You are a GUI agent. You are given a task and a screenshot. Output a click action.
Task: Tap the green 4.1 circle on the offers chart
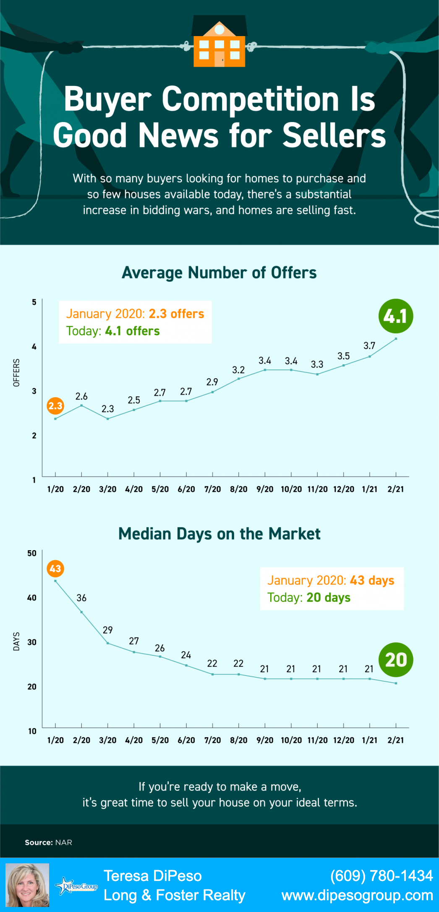(395, 316)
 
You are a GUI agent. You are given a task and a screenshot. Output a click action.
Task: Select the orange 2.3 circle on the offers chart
(55, 406)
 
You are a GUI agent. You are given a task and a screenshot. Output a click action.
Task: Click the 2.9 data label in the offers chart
(212, 382)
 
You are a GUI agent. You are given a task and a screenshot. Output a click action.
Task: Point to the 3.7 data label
(369, 346)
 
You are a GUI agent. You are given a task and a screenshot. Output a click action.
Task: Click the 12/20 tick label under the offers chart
(343, 489)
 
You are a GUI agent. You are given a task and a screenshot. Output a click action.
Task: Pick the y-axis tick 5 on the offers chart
(34, 302)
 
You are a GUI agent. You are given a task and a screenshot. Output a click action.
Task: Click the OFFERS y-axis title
(16, 372)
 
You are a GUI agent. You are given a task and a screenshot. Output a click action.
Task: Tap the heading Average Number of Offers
(219, 273)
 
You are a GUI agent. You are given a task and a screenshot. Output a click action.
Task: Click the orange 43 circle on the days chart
(55, 569)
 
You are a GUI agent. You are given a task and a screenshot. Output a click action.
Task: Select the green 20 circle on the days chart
(396, 660)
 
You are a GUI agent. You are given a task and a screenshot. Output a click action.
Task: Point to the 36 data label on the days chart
(81, 598)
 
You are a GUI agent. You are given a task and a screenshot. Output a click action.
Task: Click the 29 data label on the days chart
(107, 630)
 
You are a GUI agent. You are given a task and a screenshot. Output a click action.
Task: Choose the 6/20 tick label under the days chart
(186, 741)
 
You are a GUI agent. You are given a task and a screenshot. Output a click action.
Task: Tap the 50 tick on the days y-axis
(32, 553)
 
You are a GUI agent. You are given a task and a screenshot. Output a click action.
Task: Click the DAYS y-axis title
(16, 642)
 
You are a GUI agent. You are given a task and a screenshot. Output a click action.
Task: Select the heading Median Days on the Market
(219, 534)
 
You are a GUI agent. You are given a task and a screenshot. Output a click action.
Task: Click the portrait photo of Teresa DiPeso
(27, 885)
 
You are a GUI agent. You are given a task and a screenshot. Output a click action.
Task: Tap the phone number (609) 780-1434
(381, 876)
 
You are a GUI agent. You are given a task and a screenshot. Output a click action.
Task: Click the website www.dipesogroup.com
(357, 896)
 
